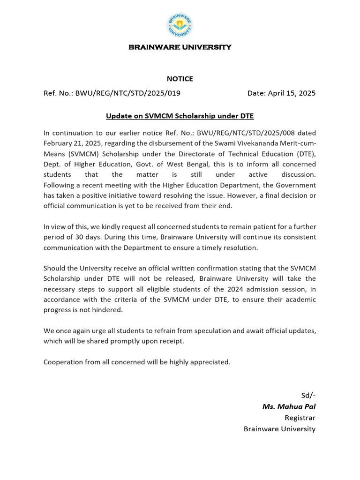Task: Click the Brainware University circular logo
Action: tap(180, 26)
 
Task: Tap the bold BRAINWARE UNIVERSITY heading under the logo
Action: tap(180, 47)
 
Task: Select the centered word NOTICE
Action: tap(180, 79)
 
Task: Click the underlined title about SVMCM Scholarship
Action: tap(180, 115)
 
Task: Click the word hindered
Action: tap(109, 309)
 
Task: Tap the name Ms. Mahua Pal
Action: tap(289, 406)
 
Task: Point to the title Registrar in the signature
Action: tap(300, 418)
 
